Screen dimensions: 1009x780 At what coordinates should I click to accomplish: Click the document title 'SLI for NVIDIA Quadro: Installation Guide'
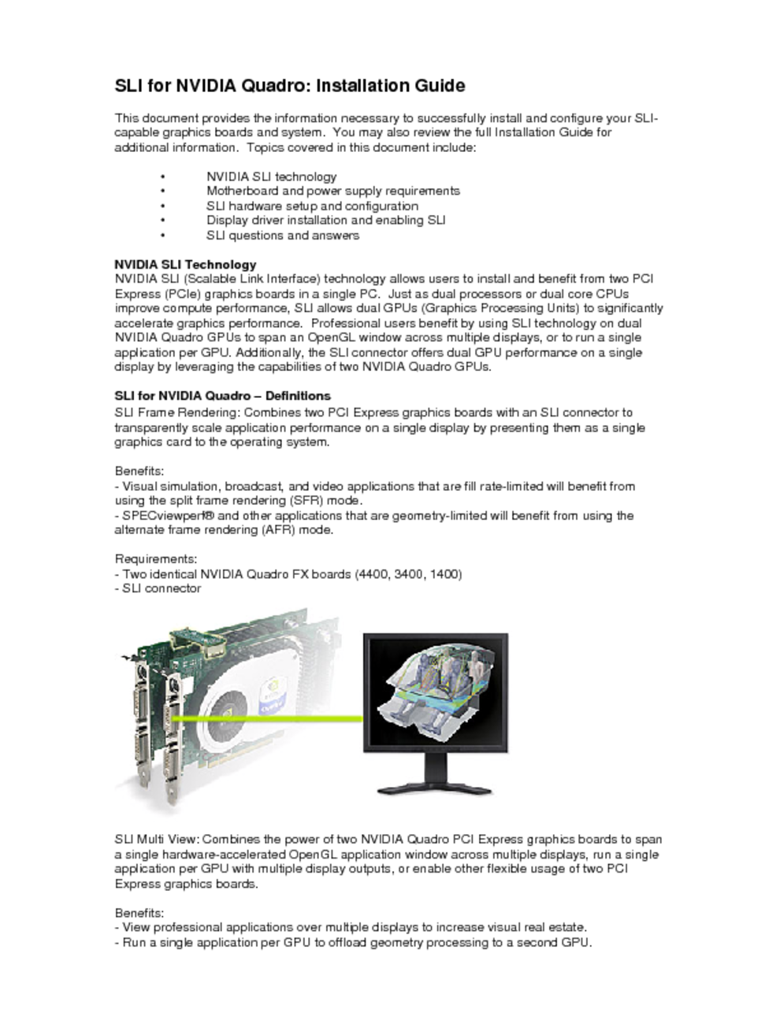coord(290,86)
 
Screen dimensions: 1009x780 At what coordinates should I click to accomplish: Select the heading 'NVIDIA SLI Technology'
coord(185,265)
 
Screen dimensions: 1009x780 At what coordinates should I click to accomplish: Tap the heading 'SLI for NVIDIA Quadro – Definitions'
coord(222,395)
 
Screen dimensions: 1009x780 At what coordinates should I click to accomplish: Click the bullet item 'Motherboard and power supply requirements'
coord(332,191)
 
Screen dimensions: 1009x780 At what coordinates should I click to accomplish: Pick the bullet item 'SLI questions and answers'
coord(282,235)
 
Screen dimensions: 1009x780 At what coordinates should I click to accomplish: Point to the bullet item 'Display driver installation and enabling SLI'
coord(325,221)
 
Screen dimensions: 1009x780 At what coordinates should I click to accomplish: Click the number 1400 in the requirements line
coord(445,574)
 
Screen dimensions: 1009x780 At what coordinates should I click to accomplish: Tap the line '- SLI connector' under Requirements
coord(158,588)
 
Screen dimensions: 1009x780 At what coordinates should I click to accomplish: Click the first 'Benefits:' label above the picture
coord(139,471)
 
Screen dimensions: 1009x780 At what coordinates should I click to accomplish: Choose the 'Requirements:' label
coord(156,559)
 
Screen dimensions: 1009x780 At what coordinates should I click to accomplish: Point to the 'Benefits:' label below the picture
coord(139,913)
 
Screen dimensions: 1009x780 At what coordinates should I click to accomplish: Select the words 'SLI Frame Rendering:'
coord(178,412)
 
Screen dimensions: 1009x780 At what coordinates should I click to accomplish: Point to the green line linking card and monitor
coord(268,718)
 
